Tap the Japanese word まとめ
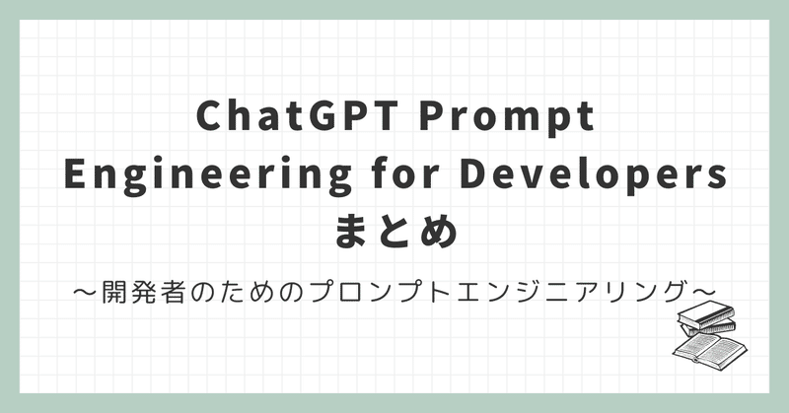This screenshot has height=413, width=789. coord(394,233)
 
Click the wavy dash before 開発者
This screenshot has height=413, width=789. coord(86,292)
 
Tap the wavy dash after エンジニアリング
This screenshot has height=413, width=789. coord(703,292)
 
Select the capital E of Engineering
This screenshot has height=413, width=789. coord(73,175)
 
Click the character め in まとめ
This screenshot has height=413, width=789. coord(440,233)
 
